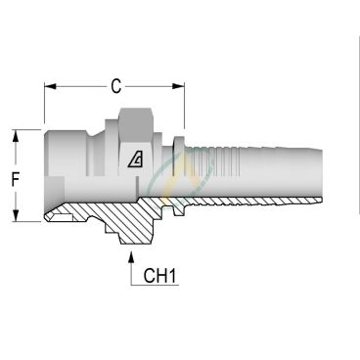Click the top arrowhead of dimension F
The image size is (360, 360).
pyautogui.click(x=17, y=133)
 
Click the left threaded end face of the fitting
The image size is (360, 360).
pyautogui.click(x=46, y=176)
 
